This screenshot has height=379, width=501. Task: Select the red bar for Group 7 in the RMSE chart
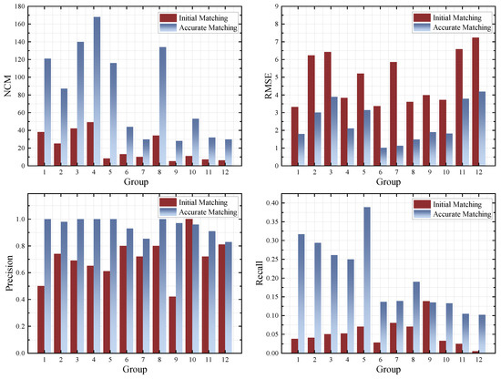(394, 114)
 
